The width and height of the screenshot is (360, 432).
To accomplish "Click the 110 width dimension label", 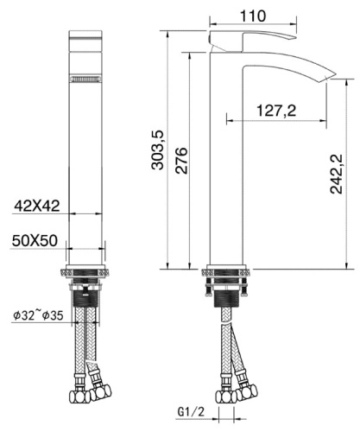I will [x=253, y=16].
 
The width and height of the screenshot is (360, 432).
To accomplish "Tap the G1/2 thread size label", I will [x=193, y=413].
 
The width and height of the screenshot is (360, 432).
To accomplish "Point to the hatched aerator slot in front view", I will [x=85, y=80].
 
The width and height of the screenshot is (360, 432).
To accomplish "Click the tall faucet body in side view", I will [x=227, y=173].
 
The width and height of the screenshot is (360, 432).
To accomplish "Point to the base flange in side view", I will [x=227, y=270].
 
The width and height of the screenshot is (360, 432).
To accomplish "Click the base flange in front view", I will [x=85, y=270].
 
